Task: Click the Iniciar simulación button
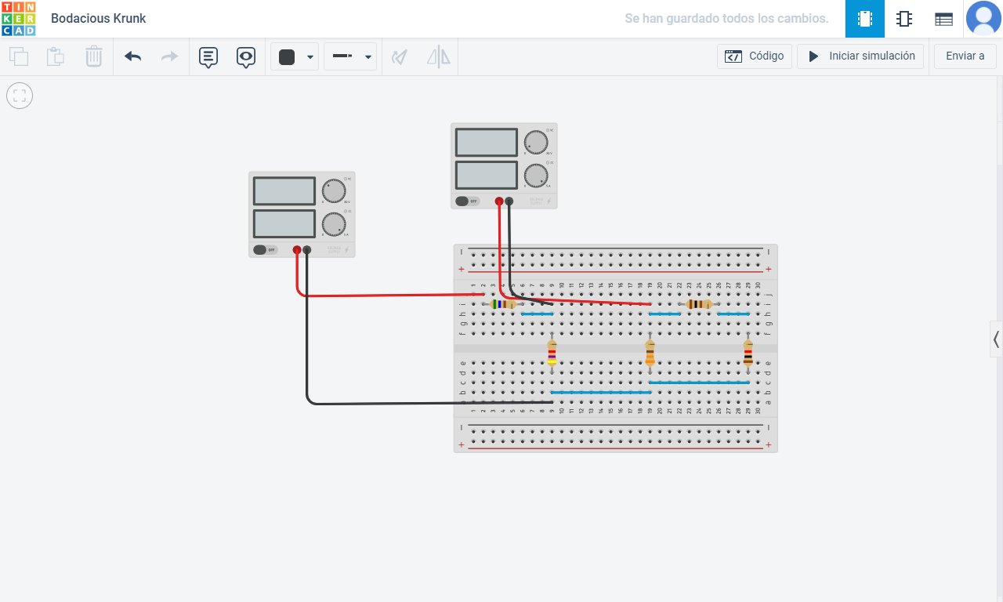coord(860,56)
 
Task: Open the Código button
coord(754,56)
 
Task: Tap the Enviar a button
coord(965,56)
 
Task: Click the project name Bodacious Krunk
coord(99,18)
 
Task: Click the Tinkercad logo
coord(18,18)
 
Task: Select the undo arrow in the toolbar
coord(133,56)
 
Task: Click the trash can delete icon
coord(94,56)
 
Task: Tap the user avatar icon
coord(983,18)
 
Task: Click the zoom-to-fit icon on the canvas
coord(20,96)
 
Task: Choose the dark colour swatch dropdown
coord(295,56)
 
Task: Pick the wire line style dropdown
coord(350,56)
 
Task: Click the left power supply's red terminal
coord(297,250)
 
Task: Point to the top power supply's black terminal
coord(509,201)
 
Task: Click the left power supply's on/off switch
coord(265,250)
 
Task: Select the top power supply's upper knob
coord(536,143)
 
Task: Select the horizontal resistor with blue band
coord(502,304)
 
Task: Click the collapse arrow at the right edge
coord(996,339)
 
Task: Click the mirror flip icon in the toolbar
coord(438,56)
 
